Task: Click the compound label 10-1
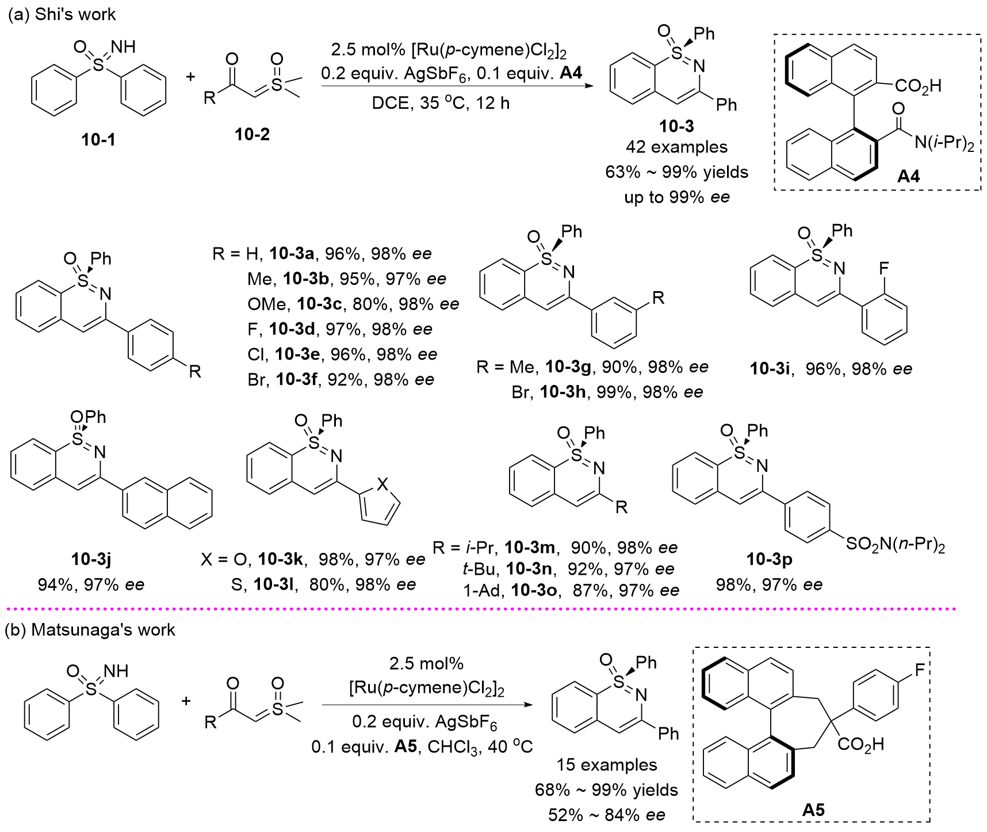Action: coord(98,139)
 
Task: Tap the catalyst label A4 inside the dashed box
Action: coord(908,176)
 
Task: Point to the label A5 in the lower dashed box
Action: coord(813,810)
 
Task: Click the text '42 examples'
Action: coord(676,147)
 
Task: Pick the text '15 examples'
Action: coord(606,765)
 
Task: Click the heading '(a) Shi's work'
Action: coord(62,14)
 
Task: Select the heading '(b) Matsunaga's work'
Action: coord(90,630)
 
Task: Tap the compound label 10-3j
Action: coord(91,559)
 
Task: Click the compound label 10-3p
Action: coord(769,559)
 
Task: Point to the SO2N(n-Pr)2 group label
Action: coord(896,544)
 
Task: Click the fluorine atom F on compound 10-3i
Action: coord(883,268)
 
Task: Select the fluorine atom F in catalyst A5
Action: coord(920,670)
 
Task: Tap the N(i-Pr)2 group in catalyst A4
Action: coord(944,142)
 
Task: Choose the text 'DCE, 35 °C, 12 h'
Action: coord(441,103)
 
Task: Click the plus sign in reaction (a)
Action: coord(191,77)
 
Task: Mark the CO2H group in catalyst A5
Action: coord(860,745)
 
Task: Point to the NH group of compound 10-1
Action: coord(124,47)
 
